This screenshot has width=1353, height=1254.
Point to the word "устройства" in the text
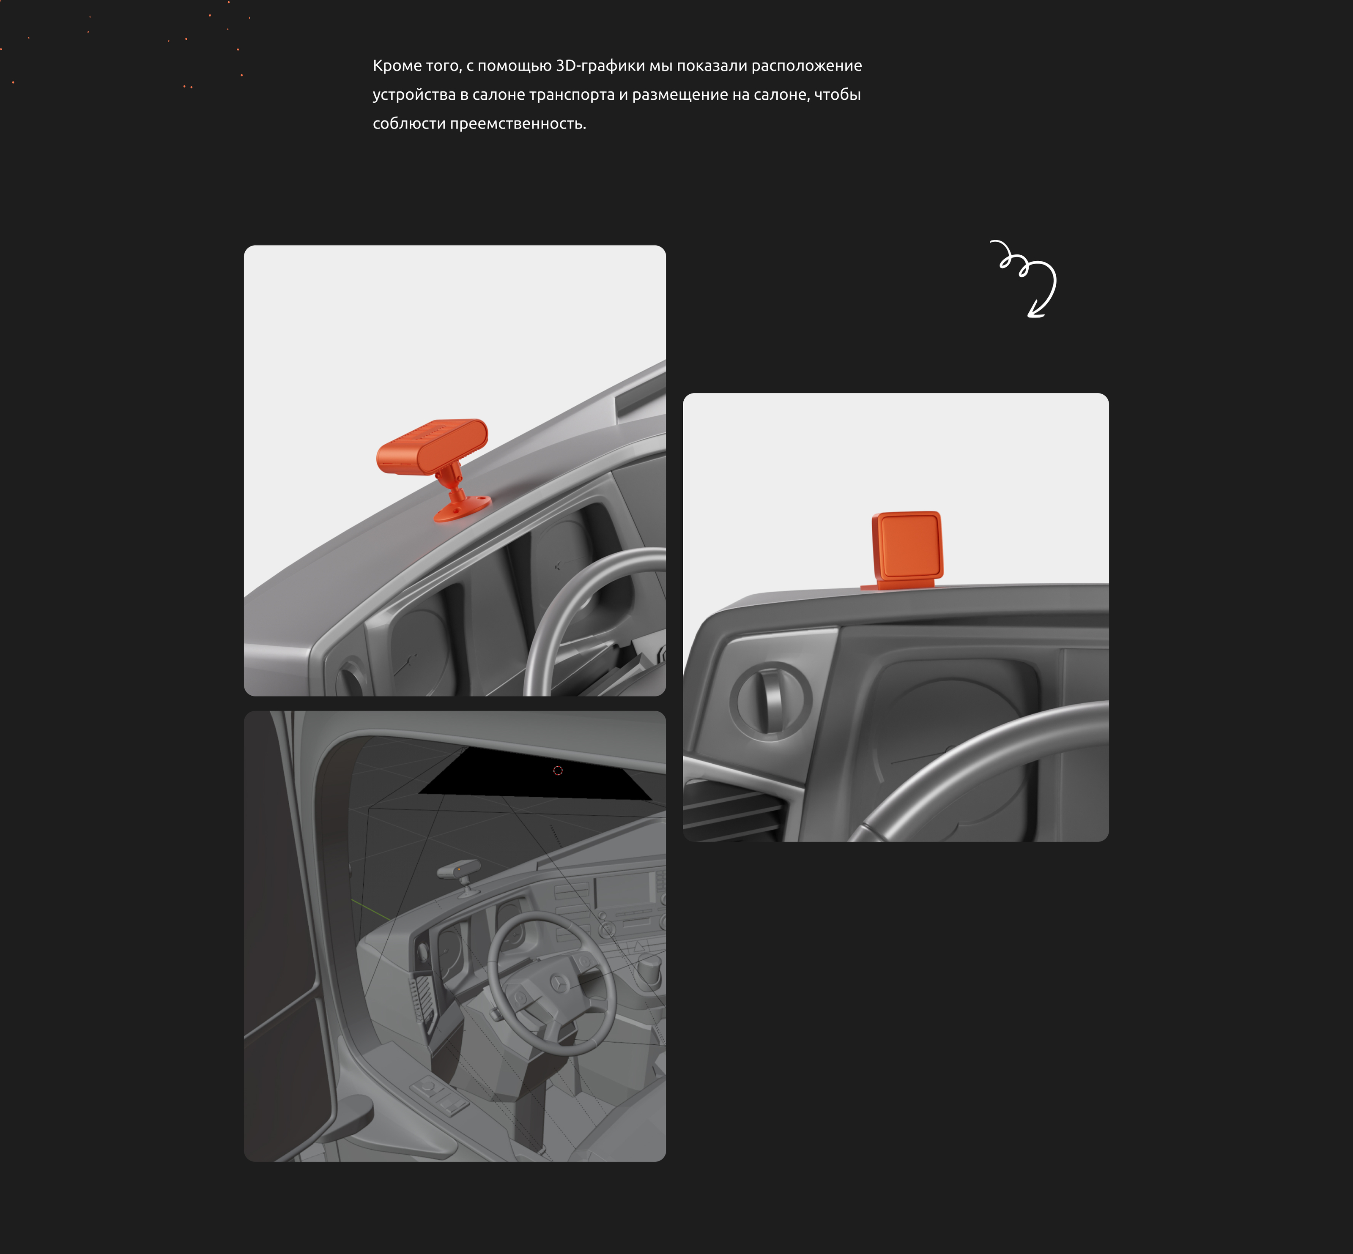[414, 95]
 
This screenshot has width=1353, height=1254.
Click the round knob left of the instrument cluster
[770, 701]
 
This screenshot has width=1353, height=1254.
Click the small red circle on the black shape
[558, 770]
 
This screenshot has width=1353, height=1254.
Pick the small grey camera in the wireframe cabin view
[462, 875]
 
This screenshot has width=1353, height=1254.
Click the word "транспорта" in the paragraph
[572, 95]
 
